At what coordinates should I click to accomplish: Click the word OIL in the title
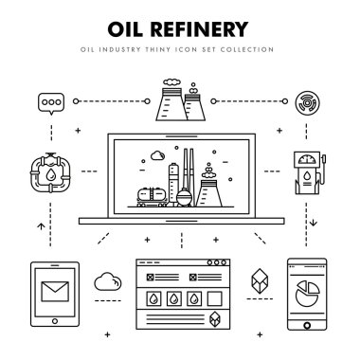[126, 28]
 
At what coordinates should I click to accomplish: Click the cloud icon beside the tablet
[107, 280]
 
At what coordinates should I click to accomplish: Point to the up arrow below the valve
[37, 226]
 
